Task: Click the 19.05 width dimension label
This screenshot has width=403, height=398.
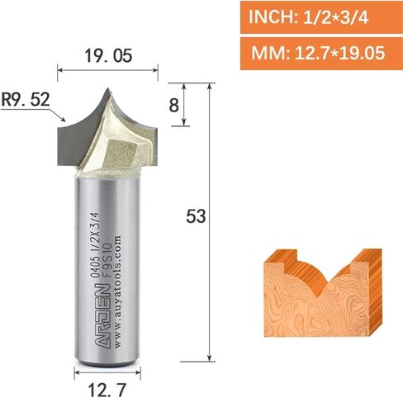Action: (108, 55)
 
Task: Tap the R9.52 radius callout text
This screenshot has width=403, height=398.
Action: (26, 99)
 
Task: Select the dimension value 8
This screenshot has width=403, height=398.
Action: (174, 105)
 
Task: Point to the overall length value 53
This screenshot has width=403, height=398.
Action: (196, 216)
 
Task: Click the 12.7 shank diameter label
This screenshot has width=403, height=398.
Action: (107, 389)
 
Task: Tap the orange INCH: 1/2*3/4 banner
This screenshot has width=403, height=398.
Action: (321, 17)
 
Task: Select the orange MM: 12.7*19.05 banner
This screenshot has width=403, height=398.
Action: (321, 53)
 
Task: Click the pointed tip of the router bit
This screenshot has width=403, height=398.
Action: (108, 88)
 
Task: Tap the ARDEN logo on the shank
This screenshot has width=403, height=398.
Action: (101, 316)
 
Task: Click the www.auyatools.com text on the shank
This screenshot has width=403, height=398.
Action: (117, 291)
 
